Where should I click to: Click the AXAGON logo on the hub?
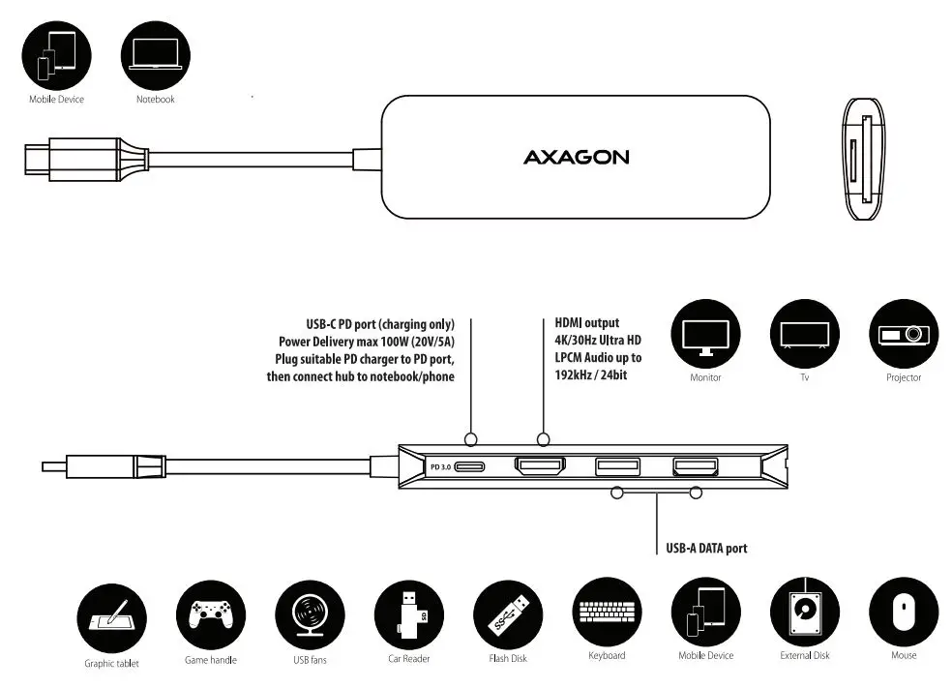click(x=576, y=157)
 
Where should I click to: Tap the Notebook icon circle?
click(x=155, y=54)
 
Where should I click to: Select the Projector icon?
click(x=904, y=334)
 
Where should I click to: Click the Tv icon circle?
click(x=804, y=334)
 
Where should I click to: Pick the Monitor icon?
click(x=705, y=334)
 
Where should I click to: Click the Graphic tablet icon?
click(x=111, y=619)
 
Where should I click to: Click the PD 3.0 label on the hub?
click(x=439, y=467)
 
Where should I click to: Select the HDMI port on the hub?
click(x=541, y=467)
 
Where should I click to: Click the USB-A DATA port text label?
click(x=706, y=549)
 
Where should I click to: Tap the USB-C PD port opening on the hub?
click(x=471, y=467)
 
